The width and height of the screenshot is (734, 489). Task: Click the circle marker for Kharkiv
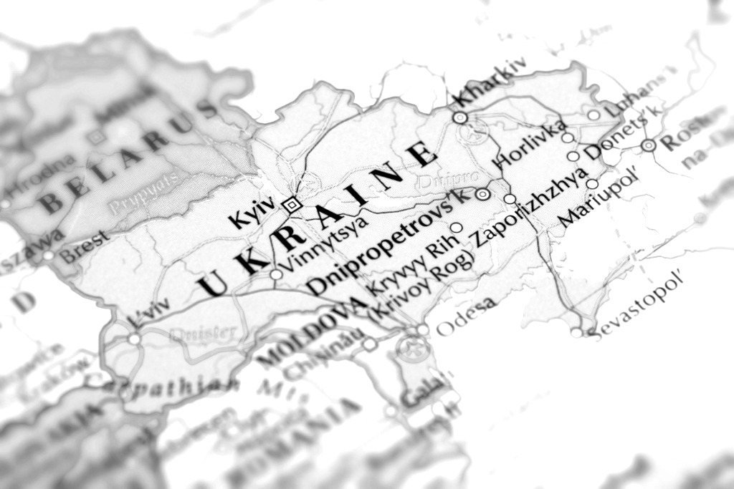coord(460,117)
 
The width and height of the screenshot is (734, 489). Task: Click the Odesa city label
coord(466,316)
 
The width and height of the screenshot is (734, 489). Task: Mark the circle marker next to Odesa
coord(423,329)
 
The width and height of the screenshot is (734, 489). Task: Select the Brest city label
coord(85,247)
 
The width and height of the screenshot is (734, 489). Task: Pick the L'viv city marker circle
coord(134,338)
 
